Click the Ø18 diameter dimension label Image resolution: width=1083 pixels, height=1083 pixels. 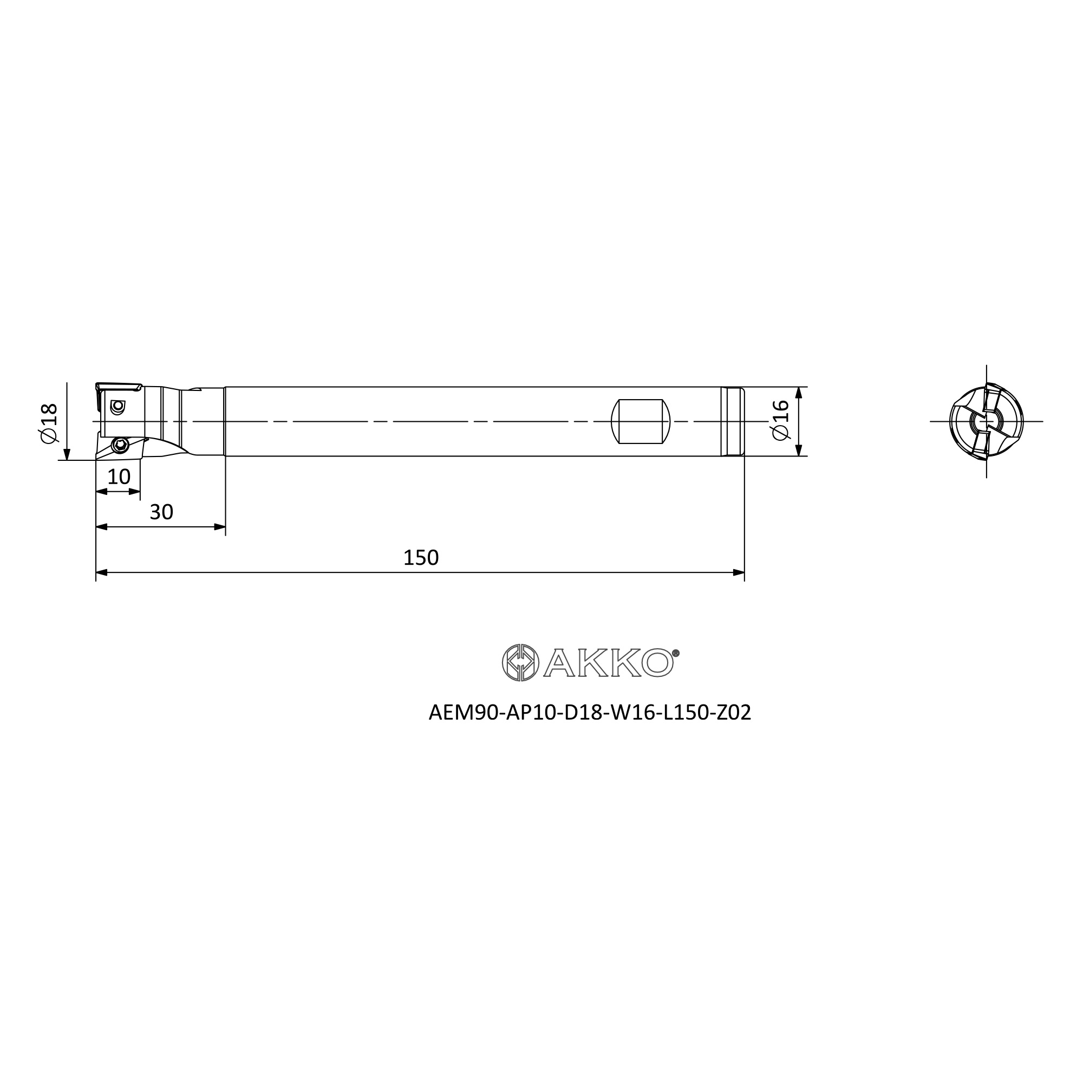click(x=49, y=423)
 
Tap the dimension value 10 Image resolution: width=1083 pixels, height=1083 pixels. click(x=119, y=477)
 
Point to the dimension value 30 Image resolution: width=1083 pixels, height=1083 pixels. click(x=161, y=512)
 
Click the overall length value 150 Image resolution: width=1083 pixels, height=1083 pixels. click(x=421, y=558)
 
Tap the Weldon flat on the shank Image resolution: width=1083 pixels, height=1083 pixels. click(x=640, y=421)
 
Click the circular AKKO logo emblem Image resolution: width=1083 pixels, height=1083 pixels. click(x=520, y=663)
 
